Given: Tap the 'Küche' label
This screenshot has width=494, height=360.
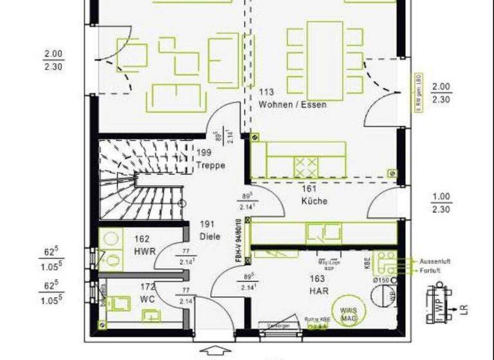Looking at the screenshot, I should (x=315, y=201).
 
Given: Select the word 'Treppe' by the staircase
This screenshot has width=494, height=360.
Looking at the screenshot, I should (x=211, y=165).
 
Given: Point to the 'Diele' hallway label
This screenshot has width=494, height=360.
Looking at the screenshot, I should (x=210, y=236).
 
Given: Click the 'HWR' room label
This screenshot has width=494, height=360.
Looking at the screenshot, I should (x=145, y=251).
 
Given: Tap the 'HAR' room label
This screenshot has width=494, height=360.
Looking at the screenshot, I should (x=300, y=290).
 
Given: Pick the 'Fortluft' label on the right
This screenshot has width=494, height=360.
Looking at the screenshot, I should (x=433, y=271).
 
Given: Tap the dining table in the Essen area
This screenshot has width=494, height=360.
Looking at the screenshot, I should (x=325, y=55).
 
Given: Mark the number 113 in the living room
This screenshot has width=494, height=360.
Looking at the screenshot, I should (x=266, y=93).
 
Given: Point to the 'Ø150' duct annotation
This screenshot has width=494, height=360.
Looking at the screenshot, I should (x=382, y=280).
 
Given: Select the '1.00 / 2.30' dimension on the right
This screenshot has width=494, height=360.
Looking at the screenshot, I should (x=441, y=203).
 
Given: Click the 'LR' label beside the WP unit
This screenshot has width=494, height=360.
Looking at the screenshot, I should (x=462, y=310).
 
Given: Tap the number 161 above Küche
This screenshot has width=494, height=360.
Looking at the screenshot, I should (x=309, y=189).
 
